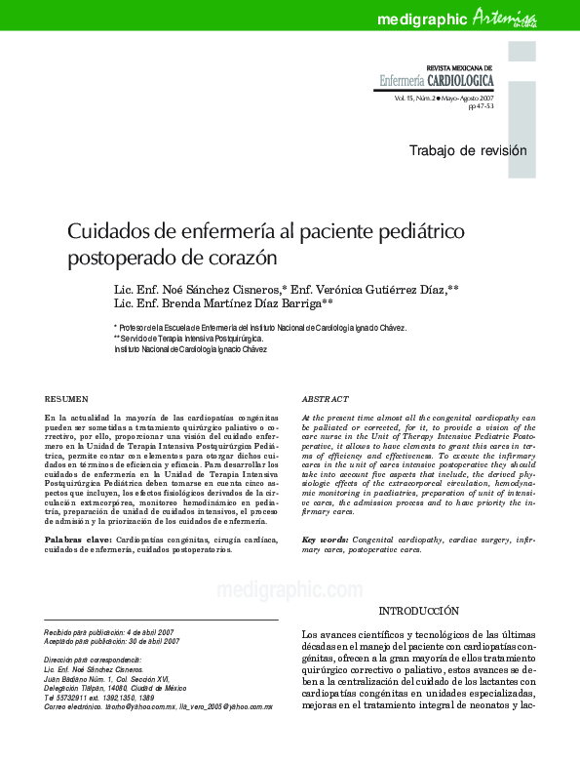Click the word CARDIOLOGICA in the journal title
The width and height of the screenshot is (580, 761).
(x=461, y=81)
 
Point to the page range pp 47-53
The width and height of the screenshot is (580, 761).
(x=481, y=107)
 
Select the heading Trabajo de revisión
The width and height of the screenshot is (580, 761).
(x=467, y=150)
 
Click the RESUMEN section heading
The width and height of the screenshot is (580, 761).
(x=67, y=399)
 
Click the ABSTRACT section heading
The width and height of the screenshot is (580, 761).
(x=326, y=399)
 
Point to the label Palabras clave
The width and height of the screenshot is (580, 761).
(x=78, y=540)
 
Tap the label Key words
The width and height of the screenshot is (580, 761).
(x=324, y=540)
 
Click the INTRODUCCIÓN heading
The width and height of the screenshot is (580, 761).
(x=418, y=611)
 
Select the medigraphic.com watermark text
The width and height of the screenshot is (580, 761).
(x=290, y=589)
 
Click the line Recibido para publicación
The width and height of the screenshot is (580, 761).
(x=110, y=632)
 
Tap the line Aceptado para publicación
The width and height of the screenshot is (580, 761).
(x=112, y=641)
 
